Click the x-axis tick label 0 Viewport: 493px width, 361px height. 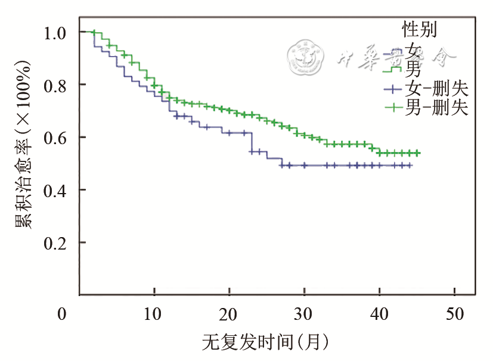[62, 314]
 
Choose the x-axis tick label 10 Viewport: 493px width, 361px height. [154, 314]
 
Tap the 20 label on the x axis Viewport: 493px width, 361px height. [230, 314]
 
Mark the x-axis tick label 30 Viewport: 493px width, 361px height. [305, 314]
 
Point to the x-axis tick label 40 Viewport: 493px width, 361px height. [380, 314]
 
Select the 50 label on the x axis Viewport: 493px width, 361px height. [455, 314]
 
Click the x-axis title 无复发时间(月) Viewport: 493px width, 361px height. [265, 343]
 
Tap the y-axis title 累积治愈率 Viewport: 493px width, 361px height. [24, 143]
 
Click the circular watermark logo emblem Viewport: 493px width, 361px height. [305, 57]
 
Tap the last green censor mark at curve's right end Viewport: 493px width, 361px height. [417, 153]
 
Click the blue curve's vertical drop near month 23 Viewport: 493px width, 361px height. [252, 142]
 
